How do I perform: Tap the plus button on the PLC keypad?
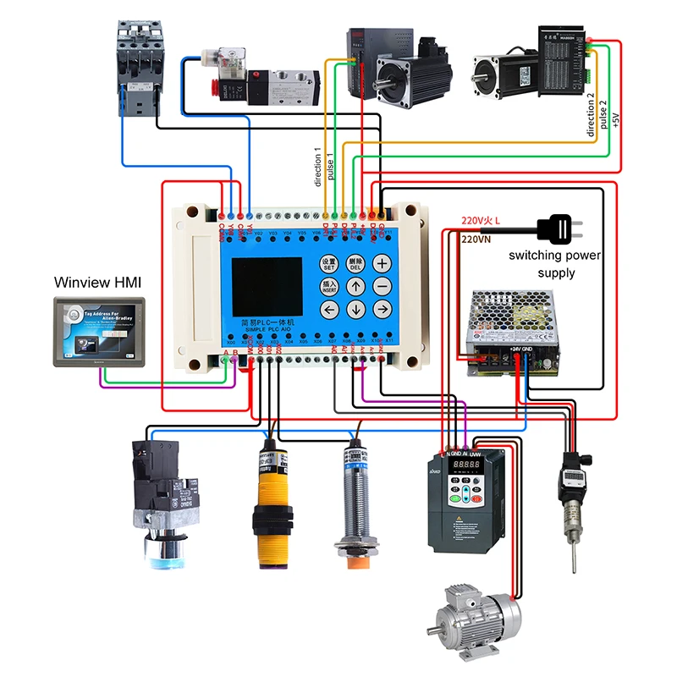[383, 263]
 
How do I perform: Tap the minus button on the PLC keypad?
[383, 287]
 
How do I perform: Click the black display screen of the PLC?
[267, 287]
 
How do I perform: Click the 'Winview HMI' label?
[95, 282]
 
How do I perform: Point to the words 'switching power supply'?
[554, 263]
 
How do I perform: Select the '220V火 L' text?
[480, 221]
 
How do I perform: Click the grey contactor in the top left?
[138, 63]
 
